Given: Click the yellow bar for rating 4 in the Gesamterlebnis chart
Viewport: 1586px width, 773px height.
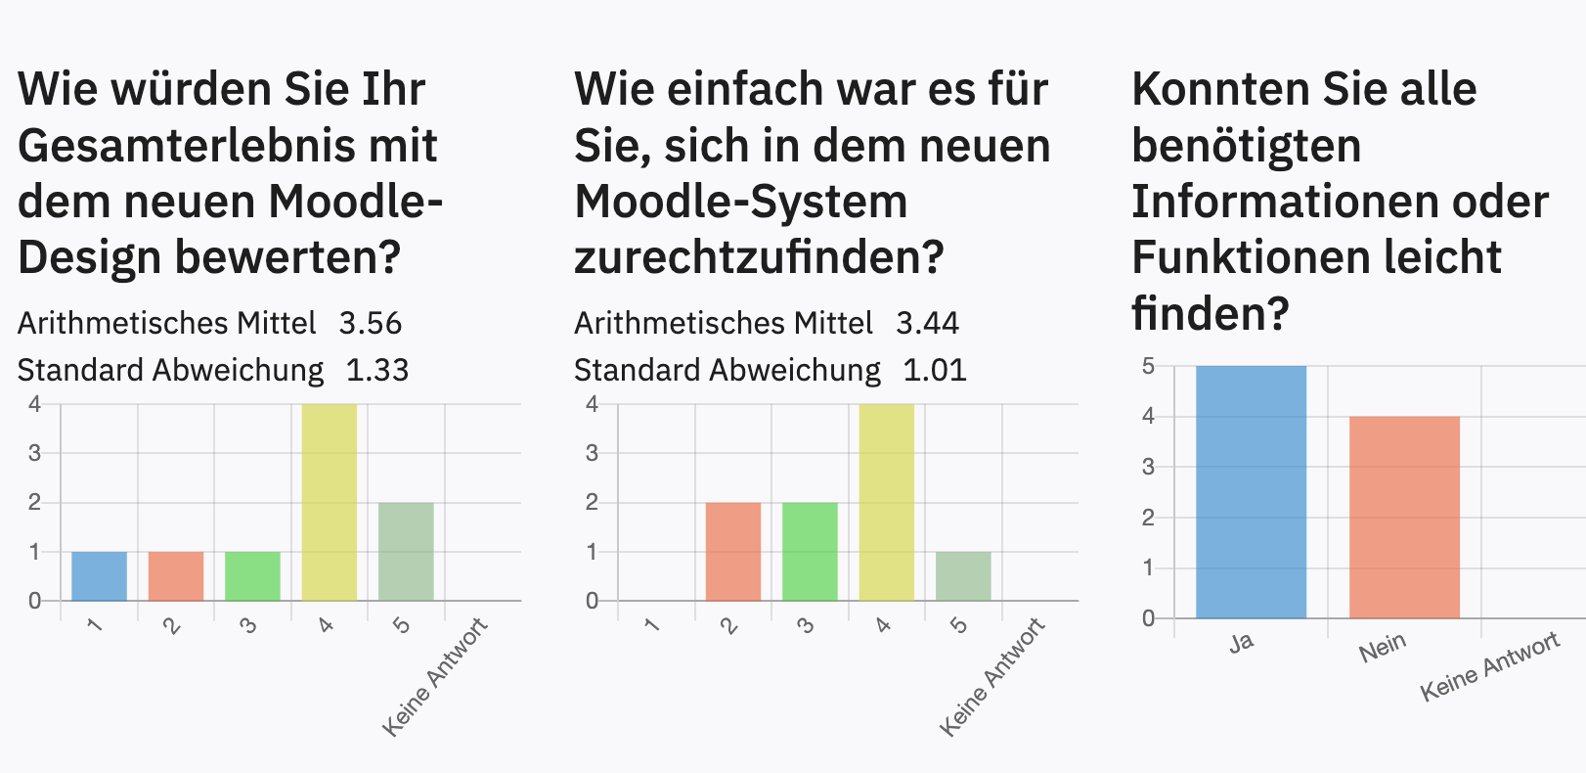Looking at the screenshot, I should (x=330, y=502).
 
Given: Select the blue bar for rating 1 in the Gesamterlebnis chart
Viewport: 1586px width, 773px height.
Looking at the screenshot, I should (x=99, y=576).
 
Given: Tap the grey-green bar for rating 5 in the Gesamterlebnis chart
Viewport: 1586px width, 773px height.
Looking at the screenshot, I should (x=406, y=551).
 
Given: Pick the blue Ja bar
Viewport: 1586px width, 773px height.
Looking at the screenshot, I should (x=1251, y=492).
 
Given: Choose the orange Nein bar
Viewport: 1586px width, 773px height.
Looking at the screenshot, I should (x=1404, y=518).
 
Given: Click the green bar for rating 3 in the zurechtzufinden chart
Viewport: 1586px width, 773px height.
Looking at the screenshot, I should (x=810, y=551).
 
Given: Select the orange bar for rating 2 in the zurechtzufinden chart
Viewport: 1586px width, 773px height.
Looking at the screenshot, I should (x=733, y=551).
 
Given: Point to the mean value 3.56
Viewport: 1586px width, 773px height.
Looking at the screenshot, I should (x=371, y=324).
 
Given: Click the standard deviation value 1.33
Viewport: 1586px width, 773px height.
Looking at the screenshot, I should (x=377, y=371).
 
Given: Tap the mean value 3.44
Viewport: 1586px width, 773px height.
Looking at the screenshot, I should (x=928, y=324).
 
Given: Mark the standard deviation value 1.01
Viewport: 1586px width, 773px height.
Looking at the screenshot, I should (x=935, y=371).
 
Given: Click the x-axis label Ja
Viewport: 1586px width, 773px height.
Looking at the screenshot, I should (x=1241, y=643).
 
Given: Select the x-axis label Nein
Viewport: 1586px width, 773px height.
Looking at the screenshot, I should (x=1383, y=647).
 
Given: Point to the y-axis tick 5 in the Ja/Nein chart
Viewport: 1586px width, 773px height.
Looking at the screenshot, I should (x=1148, y=367).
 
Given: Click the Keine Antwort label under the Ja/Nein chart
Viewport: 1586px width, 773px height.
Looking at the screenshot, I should (x=1489, y=666).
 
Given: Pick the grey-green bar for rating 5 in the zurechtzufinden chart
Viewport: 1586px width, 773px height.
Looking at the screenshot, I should (x=963, y=576).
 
